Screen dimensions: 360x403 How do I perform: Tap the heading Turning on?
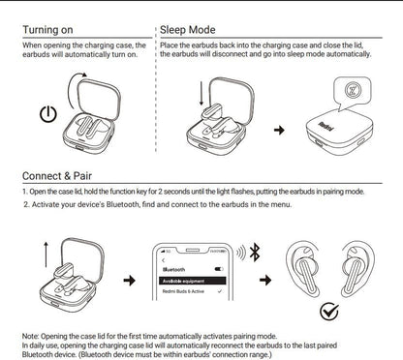(53, 29)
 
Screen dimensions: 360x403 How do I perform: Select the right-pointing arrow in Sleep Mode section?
(281, 128)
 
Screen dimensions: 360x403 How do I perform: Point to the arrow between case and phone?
(128, 281)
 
